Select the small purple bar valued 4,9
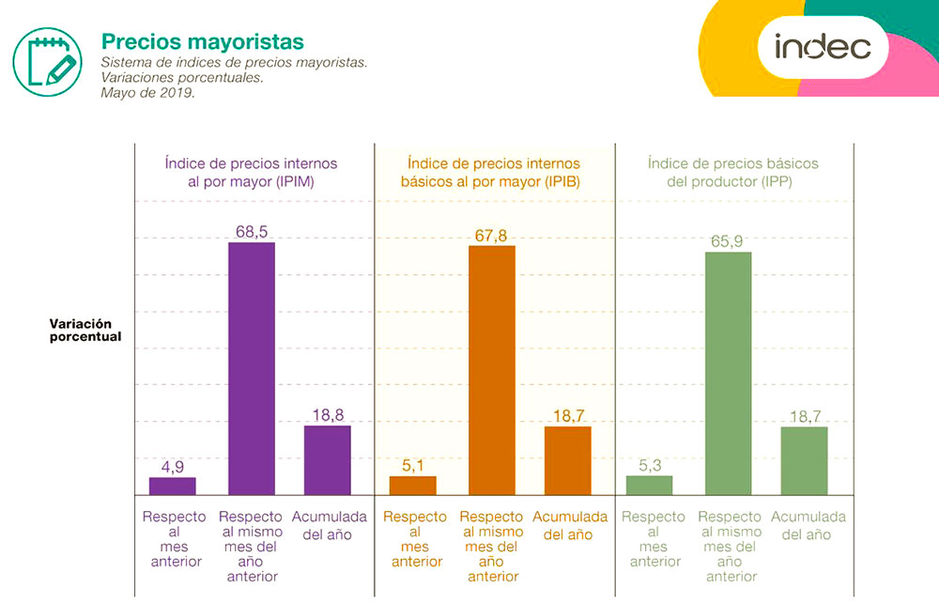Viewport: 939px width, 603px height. click(173, 486)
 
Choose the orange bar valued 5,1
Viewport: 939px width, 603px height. click(413, 485)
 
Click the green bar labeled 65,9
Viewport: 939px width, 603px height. click(729, 373)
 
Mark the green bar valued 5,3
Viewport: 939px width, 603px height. click(650, 485)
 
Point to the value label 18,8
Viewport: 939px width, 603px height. click(327, 413)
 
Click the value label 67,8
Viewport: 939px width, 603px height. click(491, 235)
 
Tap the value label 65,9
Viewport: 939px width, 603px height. click(728, 241)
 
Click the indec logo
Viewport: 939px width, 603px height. click(823, 46)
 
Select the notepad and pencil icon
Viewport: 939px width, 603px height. click(47, 59)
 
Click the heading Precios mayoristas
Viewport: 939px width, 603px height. click(203, 42)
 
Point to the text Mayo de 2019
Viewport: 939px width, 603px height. click(148, 93)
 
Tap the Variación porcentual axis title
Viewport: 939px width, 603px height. click(85, 330)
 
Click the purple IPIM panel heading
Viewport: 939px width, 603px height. click(251, 173)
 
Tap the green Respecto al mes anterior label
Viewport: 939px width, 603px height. click(655, 539)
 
